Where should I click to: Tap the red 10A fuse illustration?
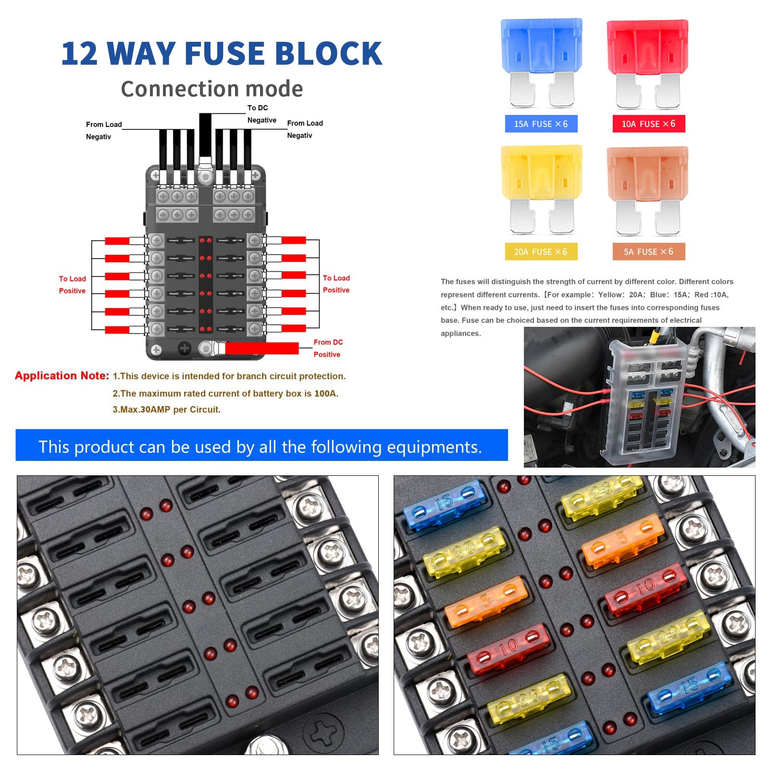tap(647, 62)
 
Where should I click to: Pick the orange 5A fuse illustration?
tap(647, 189)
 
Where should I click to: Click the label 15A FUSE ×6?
tap(541, 124)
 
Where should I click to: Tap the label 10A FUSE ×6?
tap(648, 124)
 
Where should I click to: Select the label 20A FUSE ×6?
tap(541, 252)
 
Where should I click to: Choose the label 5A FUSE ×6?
tap(648, 252)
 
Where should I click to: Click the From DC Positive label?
tap(328, 348)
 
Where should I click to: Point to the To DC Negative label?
tap(261, 114)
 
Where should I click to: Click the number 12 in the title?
tap(79, 53)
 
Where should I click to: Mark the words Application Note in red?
tap(62, 376)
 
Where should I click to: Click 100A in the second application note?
tap(325, 394)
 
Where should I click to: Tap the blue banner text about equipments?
tap(260, 447)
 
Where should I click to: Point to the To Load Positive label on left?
tap(72, 285)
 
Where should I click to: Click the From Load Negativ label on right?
tap(305, 129)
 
